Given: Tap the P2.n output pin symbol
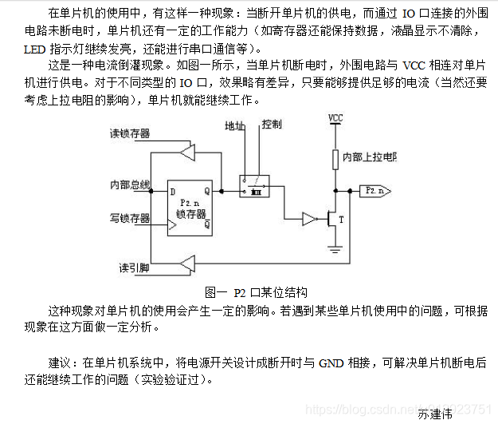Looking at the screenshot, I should click(x=374, y=191).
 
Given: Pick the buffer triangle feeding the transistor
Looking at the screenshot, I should click(x=308, y=218).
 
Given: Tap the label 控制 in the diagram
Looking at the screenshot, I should click(x=272, y=125).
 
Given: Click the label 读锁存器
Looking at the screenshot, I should click(x=129, y=133).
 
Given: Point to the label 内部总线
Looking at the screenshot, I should click(x=130, y=185).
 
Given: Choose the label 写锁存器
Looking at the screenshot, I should click(x=130, y=217).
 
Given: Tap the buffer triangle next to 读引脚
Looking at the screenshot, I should click(x=188, y=264).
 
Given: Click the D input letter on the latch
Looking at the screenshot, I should click(x=172, y=191).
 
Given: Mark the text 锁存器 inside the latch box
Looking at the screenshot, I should click(x=190, y=215).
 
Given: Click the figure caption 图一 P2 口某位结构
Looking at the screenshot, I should click(x=256, y=292).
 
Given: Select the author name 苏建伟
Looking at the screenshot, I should click(x=435, y=414).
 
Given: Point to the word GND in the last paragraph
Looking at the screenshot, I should click(x=331, y=363).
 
